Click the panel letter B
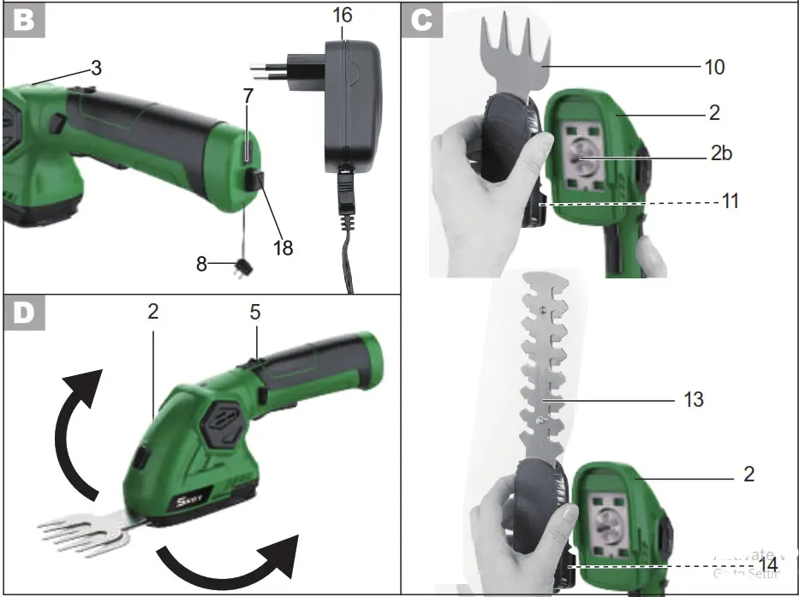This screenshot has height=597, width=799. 24,20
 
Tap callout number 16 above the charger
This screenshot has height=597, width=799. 341,15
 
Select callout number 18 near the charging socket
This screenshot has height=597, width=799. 282,248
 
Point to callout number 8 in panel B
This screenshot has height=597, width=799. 201,264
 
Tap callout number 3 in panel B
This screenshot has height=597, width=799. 96,69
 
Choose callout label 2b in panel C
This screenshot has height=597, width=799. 720,154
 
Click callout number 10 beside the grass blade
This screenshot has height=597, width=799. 713,67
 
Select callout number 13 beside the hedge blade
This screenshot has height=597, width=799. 693,399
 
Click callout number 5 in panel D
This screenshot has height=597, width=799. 254,314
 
